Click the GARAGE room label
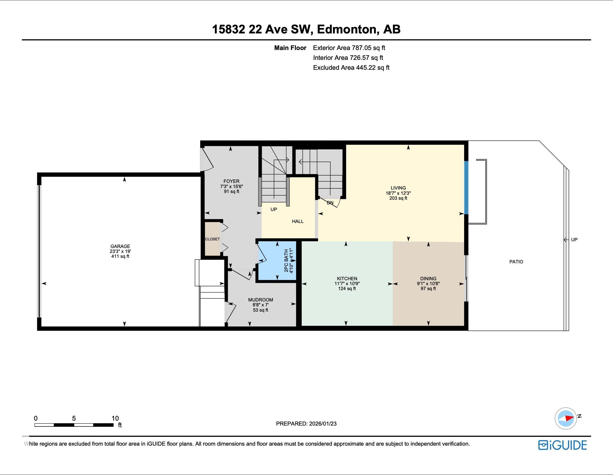tap(120, 246)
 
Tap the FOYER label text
tap(231, 181)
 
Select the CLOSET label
tap(212, 239)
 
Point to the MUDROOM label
tap(260, 300)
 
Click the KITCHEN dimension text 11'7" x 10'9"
tap(347, 283)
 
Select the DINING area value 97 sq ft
tap(428, 289)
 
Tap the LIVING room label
tap(398, 188)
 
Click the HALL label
tap(298, 221)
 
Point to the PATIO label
tap(516, 262)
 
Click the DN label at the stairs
tap(330, 203)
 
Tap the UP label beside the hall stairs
tap(273, 209)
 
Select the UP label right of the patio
tap(574, 240)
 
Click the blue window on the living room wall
tap(466, 187)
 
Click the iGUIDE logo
tap(562, 445)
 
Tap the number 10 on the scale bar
tap(115, 418)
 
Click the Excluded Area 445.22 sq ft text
tap(351, 68)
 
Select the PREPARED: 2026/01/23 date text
tap(306, 424)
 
